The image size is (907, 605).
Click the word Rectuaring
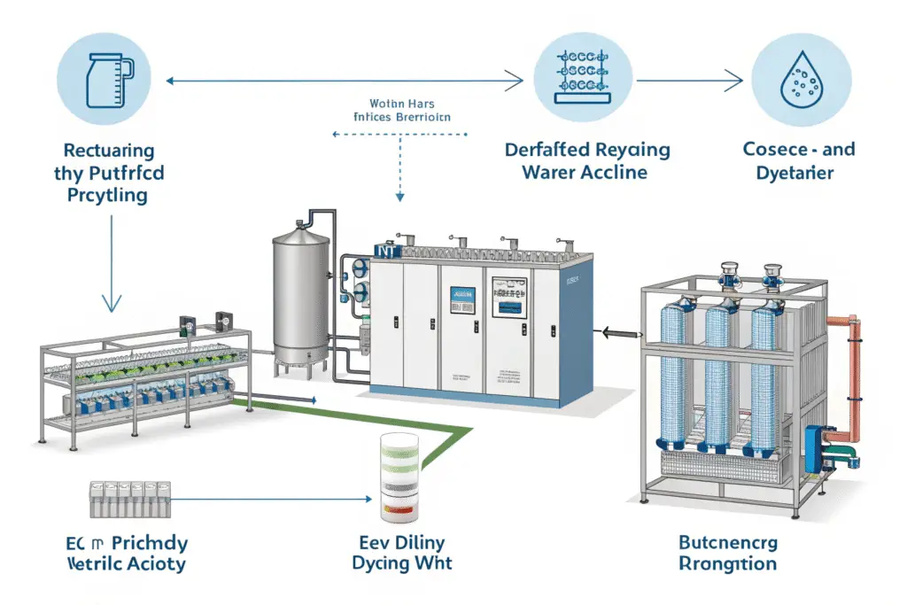(110, 151)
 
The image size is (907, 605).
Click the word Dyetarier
(795, 173)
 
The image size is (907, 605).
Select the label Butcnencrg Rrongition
(727, 552)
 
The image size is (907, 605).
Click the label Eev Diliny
(398, 540)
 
